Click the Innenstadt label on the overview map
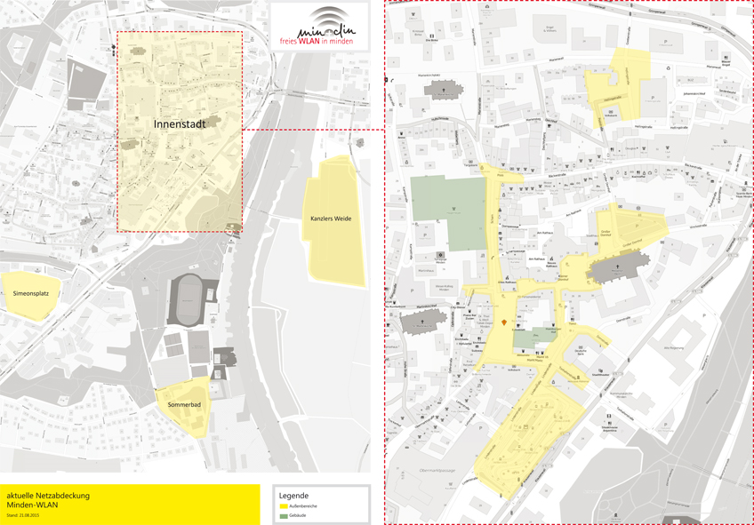(179, 124)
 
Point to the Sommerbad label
(184, 405)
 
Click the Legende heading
(293, 495)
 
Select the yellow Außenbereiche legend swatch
(284, 505)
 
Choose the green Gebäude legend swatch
(284, 515)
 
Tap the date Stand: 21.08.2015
(23, 515)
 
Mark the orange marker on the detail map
(505, 322)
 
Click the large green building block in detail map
(449, 212)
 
